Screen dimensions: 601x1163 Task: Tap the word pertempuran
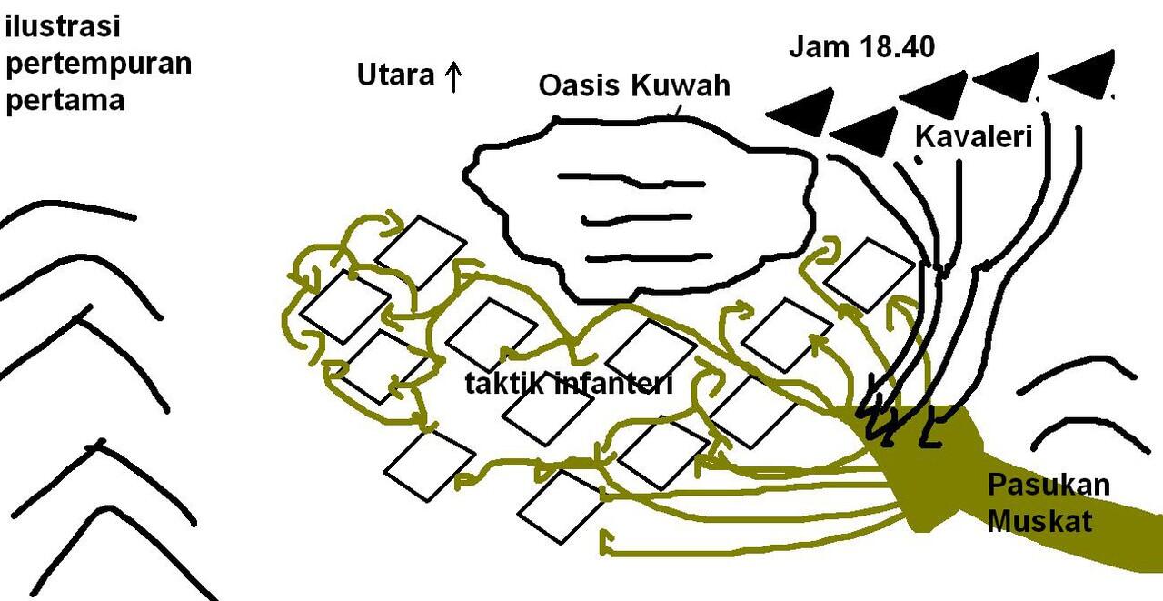(99, 65)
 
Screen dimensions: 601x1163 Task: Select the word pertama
(65, 99)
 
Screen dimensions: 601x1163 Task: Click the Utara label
(395, 75)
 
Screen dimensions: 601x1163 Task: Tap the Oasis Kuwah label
(634, 86)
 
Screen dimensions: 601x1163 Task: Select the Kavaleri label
(973, 138)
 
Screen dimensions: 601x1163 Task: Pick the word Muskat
(1039, 522)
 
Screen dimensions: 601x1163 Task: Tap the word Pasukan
(1049, 485)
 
